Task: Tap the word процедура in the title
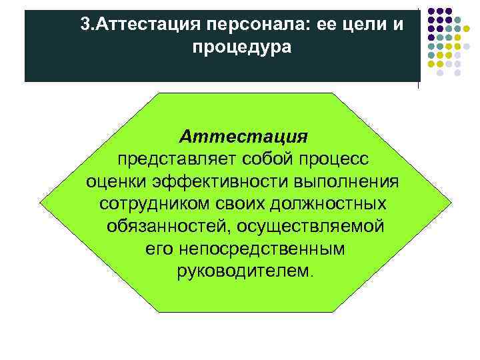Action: [x=241, y=48]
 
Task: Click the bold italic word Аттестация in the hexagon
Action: [x=243, y=137]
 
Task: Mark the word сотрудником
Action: [x=147, y=204]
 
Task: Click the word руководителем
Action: [x=243, y=271]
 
